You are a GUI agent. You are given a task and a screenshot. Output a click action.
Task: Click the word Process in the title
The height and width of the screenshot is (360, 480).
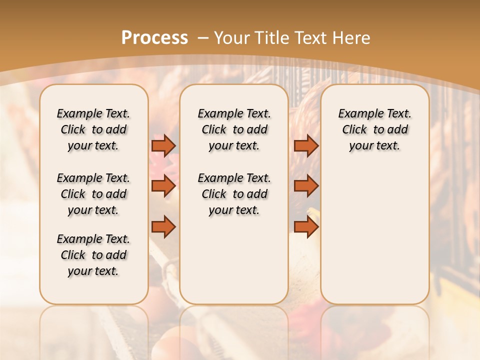154,38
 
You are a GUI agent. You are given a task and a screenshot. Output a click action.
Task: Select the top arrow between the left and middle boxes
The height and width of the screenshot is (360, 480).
163,145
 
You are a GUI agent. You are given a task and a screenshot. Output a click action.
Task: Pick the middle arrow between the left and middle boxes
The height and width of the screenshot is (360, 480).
163,186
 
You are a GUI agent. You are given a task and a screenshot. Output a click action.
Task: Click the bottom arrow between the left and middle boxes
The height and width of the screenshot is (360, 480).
163,227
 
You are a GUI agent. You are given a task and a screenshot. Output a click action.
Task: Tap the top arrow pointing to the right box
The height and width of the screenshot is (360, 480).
306,145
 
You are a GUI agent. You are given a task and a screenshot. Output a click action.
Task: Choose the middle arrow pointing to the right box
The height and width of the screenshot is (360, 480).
306,186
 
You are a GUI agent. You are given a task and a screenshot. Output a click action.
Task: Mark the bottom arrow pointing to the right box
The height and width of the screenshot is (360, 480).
306,227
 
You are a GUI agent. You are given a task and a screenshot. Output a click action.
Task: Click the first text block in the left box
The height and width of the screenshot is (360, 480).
93,129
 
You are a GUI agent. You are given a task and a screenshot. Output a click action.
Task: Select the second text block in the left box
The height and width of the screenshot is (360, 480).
93,194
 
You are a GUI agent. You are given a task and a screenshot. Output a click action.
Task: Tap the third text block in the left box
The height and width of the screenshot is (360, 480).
93,255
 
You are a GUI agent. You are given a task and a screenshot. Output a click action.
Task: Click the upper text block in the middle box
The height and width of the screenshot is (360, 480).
234,129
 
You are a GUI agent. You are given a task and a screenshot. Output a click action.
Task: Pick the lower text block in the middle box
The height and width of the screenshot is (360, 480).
234,194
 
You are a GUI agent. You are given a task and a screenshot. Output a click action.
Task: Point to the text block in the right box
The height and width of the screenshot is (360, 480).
375,129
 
